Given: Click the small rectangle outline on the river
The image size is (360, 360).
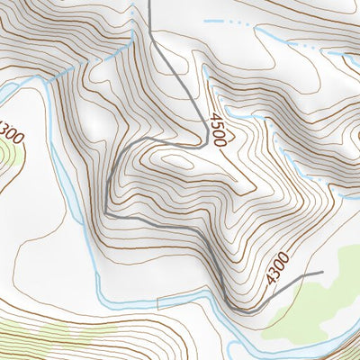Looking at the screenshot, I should pyautogui.click(x=168, y=301).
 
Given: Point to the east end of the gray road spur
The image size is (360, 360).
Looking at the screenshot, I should pyautogui.click(x=320, y=270).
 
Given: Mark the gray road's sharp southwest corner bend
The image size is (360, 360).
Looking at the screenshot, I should pyautogui.click(x=107, y=213).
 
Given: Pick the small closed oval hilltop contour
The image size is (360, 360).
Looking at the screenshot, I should pyautogui.click(x=177, y=161).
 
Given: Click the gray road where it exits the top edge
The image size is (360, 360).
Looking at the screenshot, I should pyautogui.click(x=149, y=3).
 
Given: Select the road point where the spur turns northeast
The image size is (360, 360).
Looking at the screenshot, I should pyautogui.click(x=261, y=309).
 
